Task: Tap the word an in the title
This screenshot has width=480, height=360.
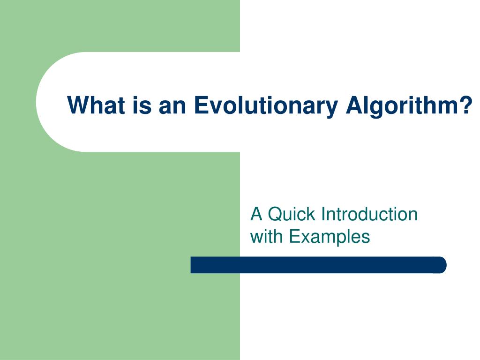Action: click(173, 105)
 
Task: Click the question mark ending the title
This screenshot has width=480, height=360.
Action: click(466, 105)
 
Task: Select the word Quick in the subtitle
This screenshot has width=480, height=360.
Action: click(292, 214)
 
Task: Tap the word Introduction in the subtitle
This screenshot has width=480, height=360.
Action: click(369, 214)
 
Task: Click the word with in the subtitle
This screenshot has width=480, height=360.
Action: click(267, 236)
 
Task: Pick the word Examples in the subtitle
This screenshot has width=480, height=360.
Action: click(330, 236)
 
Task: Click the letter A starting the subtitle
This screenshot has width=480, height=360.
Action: click(256, 214)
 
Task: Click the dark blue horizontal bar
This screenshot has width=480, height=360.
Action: click(318, 265)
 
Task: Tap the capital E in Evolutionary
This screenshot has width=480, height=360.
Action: click(200, 105)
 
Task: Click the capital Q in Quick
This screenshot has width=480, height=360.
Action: click(274, 214)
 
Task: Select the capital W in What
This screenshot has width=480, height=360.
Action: click(78, 105)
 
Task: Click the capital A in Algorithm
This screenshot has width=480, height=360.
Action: click(353, 105)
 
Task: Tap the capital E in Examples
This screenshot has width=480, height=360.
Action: click(294, 236)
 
